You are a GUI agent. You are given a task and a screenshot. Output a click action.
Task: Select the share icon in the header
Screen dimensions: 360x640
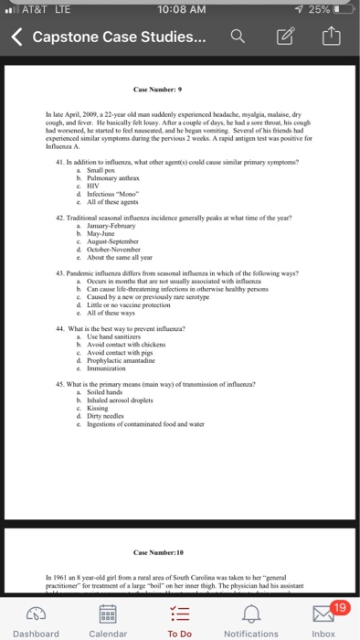point(330,37)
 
